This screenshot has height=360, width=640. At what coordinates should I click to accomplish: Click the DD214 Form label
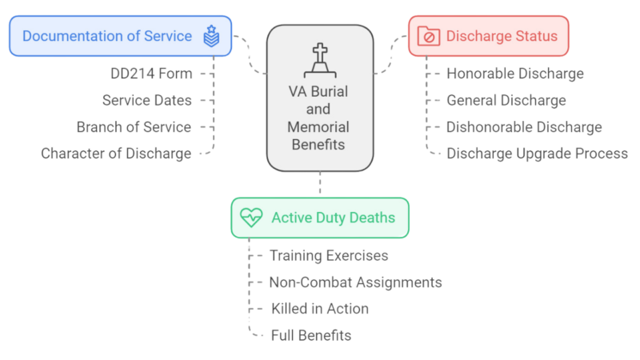point(151,74)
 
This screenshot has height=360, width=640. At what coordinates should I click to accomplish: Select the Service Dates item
point(147,101)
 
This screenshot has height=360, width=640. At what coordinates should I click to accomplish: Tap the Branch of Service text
point(134,126)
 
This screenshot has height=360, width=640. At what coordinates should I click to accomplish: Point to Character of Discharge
point(116,153)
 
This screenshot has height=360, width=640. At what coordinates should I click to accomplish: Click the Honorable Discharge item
point(515,74)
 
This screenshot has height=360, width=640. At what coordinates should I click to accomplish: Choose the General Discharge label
point(506,101)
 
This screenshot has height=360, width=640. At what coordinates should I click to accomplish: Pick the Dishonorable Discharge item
point(524,126)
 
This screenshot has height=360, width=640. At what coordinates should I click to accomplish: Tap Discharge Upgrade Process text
point(537,153)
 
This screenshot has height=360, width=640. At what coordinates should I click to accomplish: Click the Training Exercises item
point(329,256)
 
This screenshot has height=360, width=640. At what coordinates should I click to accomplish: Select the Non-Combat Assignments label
point(355,282)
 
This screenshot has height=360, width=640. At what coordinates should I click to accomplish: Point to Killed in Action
point(318,308)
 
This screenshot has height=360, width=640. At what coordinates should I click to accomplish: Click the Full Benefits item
point(310,334)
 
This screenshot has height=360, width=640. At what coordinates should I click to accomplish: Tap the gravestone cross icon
point(320,56)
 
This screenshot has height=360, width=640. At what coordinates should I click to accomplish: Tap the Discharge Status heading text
point(501,36)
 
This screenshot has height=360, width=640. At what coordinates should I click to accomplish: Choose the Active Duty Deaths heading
point(332,218)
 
